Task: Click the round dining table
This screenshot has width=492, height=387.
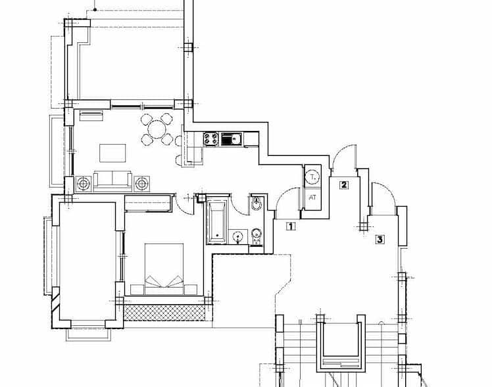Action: (158, 129)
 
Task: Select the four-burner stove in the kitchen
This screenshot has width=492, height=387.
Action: (212, 139)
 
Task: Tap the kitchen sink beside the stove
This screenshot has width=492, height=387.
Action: (231, 139)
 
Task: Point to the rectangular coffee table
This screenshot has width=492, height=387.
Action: (113, 153)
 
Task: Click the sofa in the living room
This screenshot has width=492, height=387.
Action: (112, 180)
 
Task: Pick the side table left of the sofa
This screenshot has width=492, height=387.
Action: (83, 183)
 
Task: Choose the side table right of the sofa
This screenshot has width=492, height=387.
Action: (142, 183)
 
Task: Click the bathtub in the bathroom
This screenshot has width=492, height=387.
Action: (216, 221)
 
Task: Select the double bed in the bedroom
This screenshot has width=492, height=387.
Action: (164, 268)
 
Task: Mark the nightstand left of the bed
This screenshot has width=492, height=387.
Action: (137, 289)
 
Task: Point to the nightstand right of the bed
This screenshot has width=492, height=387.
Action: (191, 289)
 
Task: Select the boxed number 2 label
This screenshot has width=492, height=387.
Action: (343, 185)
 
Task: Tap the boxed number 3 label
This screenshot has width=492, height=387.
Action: (380, 240)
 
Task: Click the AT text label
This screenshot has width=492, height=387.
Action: (312, 196)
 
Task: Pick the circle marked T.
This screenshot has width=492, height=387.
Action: (312, 176)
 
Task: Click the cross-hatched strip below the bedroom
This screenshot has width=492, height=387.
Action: (164, 312)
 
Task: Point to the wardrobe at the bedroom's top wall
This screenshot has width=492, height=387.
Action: (149, 203)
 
